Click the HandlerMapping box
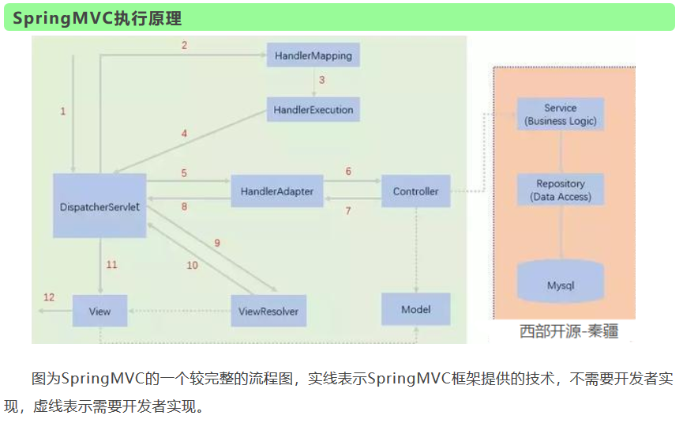click(x=313, y=55)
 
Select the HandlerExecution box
click(x=313, y=110)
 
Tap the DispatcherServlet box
click(x=99, y=206)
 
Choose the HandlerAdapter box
click(x=276, y=191)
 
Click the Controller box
click(x=415, y=191)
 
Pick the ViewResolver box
click(x=268, y=311)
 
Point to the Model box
click(x=415, y=309)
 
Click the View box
click(x=99, y=312)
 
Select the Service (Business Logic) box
click(x=561, y=115)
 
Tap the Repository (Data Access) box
click(x=561, y=191)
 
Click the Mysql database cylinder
click(x=561, y=285)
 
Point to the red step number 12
click(x=49, y=297)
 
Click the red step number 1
click(x=63, y=111)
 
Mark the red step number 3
click(x=321, y=80)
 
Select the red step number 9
click(x=217, y=243)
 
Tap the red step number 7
click(x=347, y=211)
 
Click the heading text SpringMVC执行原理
click(x=97, y=17)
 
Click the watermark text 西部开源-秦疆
click(x=569, y=331)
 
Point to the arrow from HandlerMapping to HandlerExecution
click(x=313, y=82)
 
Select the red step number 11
click(x=111, y=265)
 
